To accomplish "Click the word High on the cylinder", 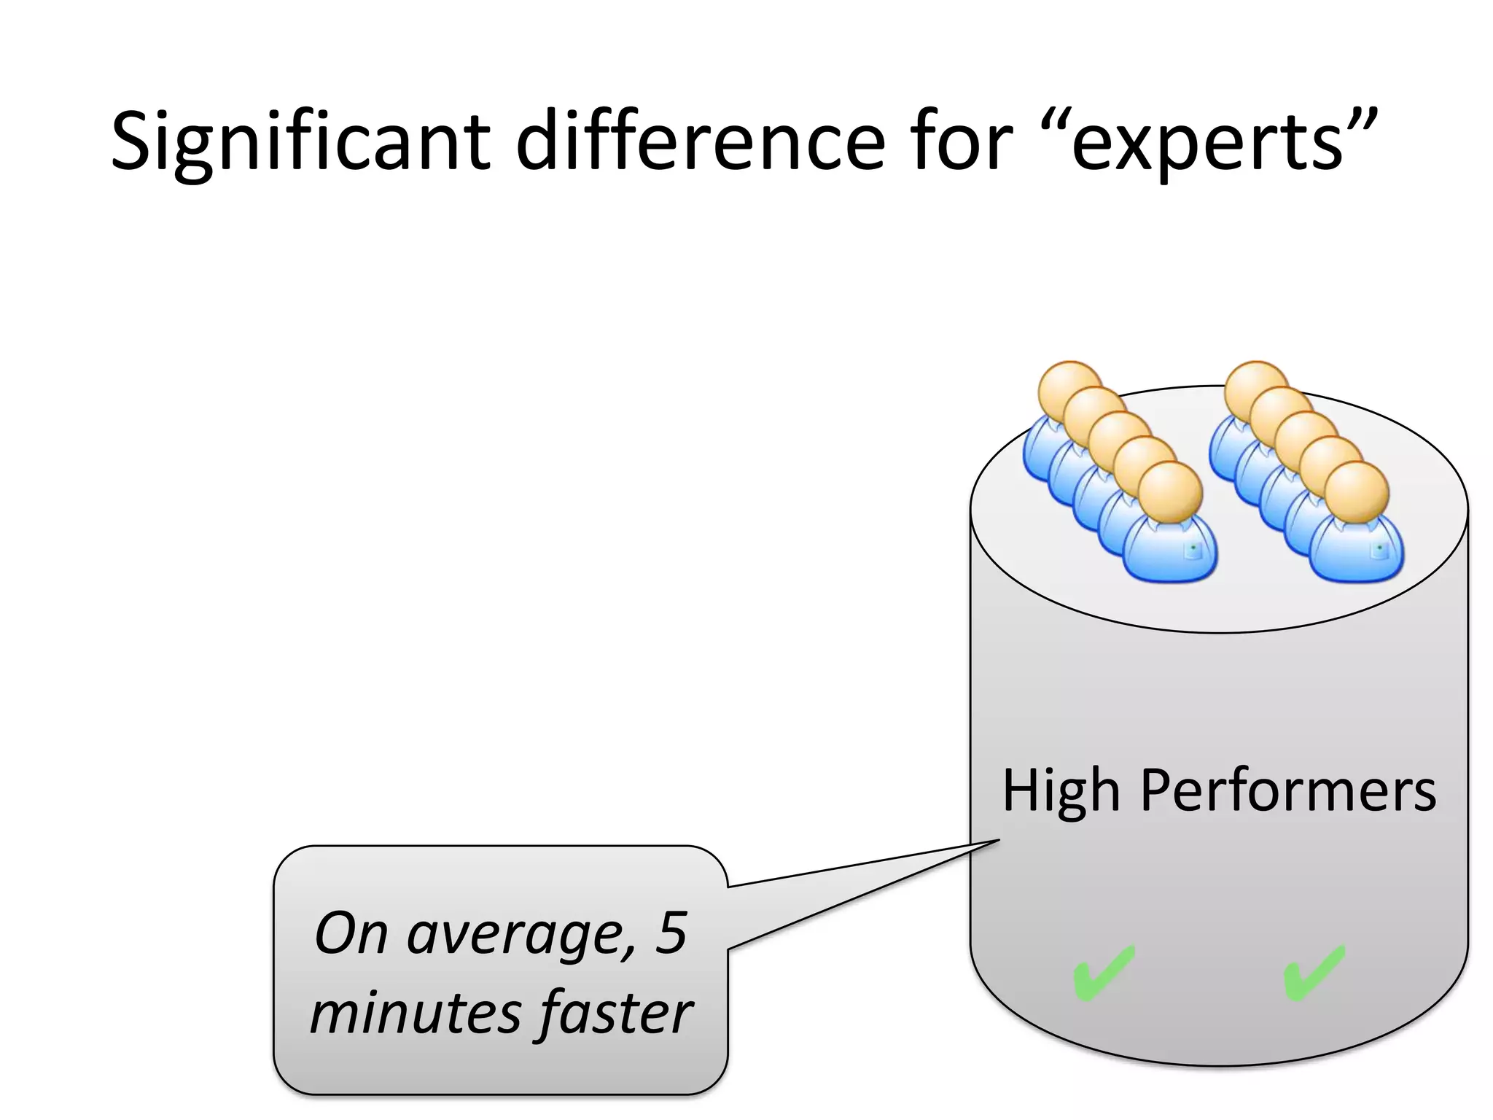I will coord(1061,792).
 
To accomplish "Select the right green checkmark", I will coord(1314,973).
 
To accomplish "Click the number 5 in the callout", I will coord(671,933).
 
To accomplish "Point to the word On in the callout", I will coord(351,934).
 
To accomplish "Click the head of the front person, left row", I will coord(1169,492).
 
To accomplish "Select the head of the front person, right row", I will coord(1356,492).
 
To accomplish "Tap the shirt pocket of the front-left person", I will coord(1192,551).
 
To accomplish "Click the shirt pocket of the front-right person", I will coord(1378,551).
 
